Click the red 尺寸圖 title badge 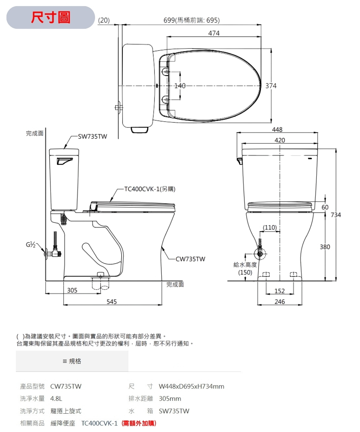click(50, 17)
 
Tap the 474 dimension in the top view click(214, 33)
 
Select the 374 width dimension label click(271, 86)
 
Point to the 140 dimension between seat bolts click(180, 86)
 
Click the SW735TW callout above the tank click(93, 136)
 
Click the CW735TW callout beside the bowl click(190, 259)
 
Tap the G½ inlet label click(31, 245)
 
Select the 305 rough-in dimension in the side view click(72, 290)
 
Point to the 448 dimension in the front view click(277, 130)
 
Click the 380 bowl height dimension click(325, 247)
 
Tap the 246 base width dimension click(280, 302)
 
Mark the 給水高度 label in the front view click(245, 265)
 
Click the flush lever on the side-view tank click(65, 161)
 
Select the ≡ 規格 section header click(72, 361)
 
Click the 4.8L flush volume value click(57, 399)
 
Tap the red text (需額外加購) click(139, 423)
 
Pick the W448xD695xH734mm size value click(192, 386)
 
